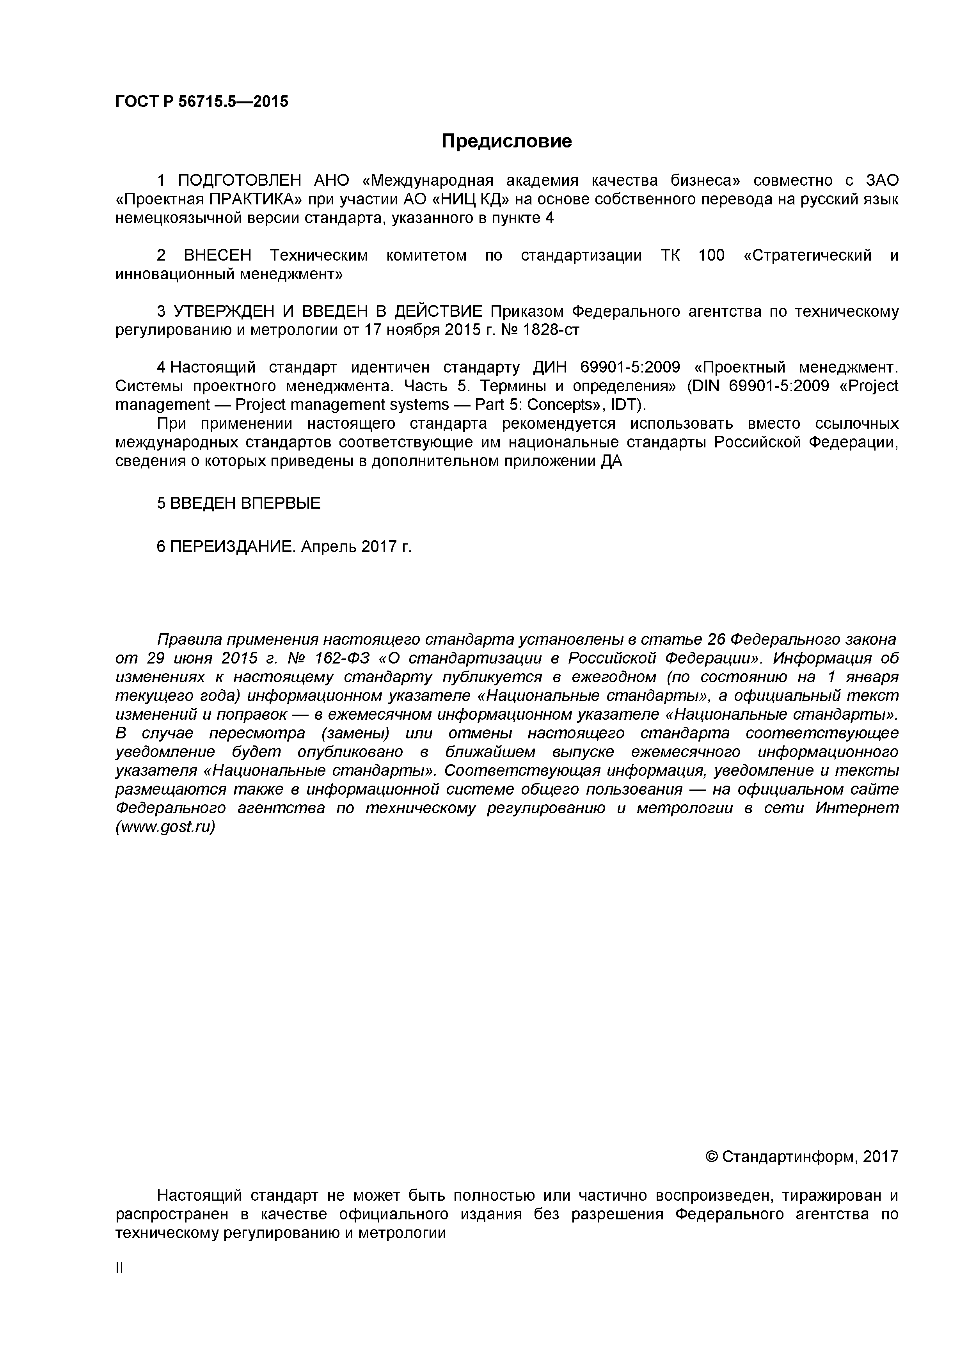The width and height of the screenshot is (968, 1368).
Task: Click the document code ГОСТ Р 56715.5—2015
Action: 201,102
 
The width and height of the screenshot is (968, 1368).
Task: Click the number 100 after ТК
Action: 711,256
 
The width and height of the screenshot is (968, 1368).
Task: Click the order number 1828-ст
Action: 551,330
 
